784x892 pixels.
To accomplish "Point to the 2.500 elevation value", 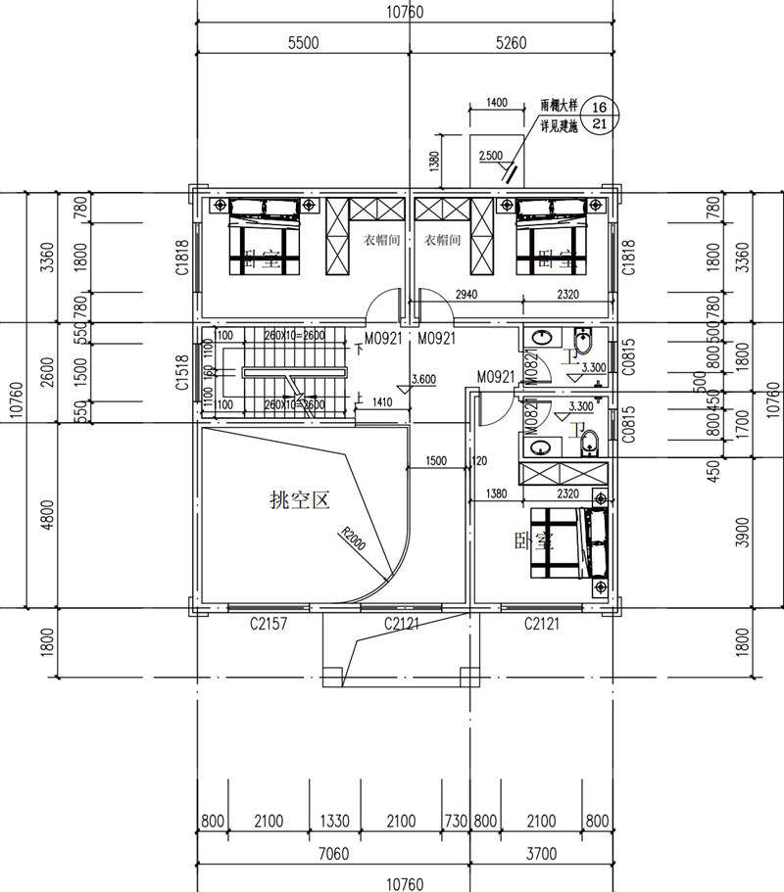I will coord(490,156).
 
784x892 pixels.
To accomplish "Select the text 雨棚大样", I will coord(560,105).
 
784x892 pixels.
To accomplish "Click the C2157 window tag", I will coord(268,624).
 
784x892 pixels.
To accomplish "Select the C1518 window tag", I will coord(182,373).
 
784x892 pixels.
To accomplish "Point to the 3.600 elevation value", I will coord(424,379).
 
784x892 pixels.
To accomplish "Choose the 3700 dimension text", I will coord(541,855).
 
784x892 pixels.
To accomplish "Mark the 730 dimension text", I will coord(456,821).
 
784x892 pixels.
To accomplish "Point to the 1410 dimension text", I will coord(381,400).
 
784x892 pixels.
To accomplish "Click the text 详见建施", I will coord(560,126).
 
